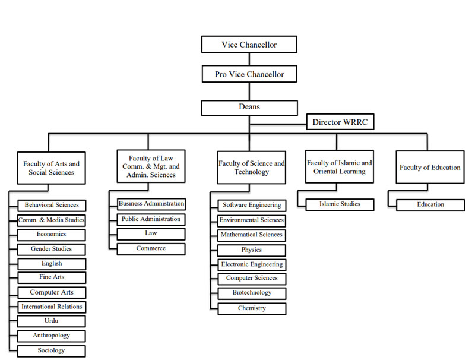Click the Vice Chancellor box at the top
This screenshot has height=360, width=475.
pyautogui.click(x=249, y=45)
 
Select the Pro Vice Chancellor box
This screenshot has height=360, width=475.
pyautogui.click(x=249, y=75)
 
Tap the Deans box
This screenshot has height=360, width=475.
pyautogui.click(x=249, y=108)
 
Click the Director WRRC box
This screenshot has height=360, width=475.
pyautogui.click(x=340, y=123)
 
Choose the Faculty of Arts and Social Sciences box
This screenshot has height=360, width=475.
pyautogui.click(x=51, y=168)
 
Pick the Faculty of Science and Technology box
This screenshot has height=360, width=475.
pyautogui.click(x=251, y=168)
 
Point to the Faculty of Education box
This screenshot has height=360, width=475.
pyautogui.click(x=429, y=168)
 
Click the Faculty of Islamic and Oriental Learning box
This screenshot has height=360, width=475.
pyautogui.click(x=339, y=167)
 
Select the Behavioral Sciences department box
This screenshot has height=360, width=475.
pyautogui.click(x=52, y=206)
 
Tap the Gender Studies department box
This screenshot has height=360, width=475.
pyautogui.click(x=52, y=249)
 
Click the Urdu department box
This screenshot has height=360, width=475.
pyautogui.click(x=52, y=321)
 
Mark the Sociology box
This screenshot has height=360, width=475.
pyautogui.click(x=52, y=350)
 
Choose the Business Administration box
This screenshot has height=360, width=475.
pyautogui.click(x=151, y=204)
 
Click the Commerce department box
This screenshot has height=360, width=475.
pyautogui.click(x=151, y=249)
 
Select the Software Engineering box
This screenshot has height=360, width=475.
pyautogui.click(x=252, y=206)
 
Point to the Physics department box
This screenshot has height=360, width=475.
pyautogui.click(x=252, y=250)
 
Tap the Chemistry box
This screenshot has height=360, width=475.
pyautogui.click(x=252, y=308)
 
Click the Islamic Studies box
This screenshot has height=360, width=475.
pyautogui.click(x=340, y=204)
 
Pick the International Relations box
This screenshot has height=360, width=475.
pyautogui.click(x=52, y=307)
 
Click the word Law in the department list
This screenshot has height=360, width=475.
pyautogui.click(x=151, y=233)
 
